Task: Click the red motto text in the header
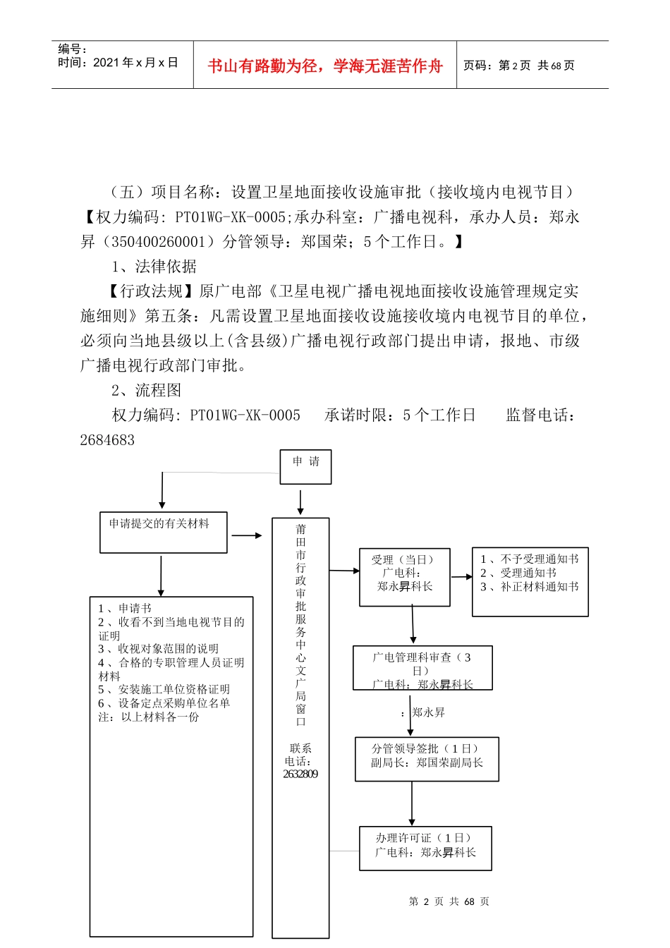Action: pyautogui.click(x=324, y=66)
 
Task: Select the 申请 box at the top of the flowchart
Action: pyautogui.click(x=305, y=467)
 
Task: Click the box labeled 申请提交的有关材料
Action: pyautogui.click(x=163, y=532)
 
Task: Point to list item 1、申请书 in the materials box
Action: pyautogui.click(x=125, y=608)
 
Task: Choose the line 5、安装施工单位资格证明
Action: pyautogui.click(x=164, y=689)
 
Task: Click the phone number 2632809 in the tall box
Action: pyautogui.click(x=300, y=774)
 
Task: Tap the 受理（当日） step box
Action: pyautogui.click(x=404, y=576)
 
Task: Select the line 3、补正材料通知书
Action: pyautogui.click(x=529, y=586)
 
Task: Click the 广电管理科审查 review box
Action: pyautogui.click(x=422, y=667)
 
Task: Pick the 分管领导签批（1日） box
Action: pyautogui.click(x=427, y=758)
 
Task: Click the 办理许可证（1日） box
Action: pyautogui.click(x=425, y=848)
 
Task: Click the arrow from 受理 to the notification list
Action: pyautogui.click(x=461, y=576)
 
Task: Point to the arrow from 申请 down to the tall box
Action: pyautogui.click(x=300, y=502)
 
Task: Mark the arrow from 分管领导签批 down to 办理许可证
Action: pyautogui.click(x=412, y=803)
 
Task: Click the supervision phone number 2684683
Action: pyautogui.click(x=107, y=440)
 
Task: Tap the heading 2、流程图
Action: pyautogui.click(x=146, y=391)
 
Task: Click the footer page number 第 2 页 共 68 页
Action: pyautogui.click(x=449, y=901)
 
